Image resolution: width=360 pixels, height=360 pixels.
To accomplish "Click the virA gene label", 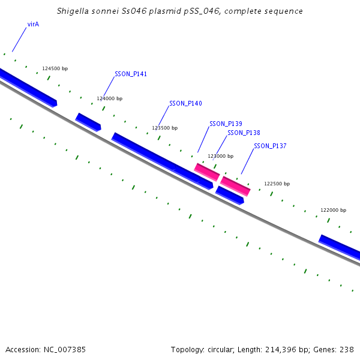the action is coord(33,25).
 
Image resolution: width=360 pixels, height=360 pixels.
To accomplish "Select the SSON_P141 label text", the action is coord(131,74).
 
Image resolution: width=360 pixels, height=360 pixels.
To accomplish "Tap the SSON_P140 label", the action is coord(185,104).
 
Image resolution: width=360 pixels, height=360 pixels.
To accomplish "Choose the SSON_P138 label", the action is coord(244,133).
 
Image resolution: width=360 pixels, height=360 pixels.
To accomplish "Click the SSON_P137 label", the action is coord(270,146).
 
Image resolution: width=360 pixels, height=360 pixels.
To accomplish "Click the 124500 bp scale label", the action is coord(55,69).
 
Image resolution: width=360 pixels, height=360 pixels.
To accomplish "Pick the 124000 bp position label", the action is coord(110,98).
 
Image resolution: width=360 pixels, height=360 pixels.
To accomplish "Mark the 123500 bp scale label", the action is coord(165,128).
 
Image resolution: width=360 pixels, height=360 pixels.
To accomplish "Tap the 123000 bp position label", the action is coord(220,156).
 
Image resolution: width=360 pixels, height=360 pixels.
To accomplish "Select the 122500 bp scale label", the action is coord(277,184).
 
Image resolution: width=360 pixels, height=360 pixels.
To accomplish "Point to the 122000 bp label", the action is coord(333,211).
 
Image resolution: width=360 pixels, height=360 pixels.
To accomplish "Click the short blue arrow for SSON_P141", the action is coord(88,121).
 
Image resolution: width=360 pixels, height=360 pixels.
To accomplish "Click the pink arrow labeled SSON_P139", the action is coord(207,172).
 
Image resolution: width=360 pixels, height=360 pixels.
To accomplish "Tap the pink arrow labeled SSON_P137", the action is coord(235,186).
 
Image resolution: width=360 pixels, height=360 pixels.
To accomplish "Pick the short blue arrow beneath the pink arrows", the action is coord(230,195).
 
